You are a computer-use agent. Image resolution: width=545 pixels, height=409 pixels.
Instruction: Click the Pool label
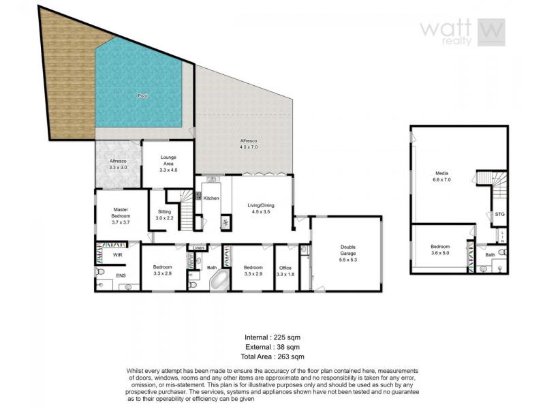(x=142, y=96)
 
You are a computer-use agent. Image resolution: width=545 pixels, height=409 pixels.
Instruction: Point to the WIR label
(x=117, y=255)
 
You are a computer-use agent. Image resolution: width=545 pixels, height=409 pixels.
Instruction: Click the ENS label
(x=121, y=276)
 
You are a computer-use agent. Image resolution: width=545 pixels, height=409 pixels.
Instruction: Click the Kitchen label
(x=211, y=198)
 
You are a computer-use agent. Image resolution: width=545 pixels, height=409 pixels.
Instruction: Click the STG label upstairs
(x=499, y=213)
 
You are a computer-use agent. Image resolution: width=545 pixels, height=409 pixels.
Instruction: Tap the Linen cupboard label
(x=198, y=247)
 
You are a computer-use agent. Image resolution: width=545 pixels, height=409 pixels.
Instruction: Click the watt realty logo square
(x=490, y=32)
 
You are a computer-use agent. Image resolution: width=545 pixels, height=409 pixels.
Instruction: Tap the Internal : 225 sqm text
(x=272, y=337)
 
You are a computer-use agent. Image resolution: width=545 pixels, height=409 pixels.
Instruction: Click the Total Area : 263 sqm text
(x=272, y=356)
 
